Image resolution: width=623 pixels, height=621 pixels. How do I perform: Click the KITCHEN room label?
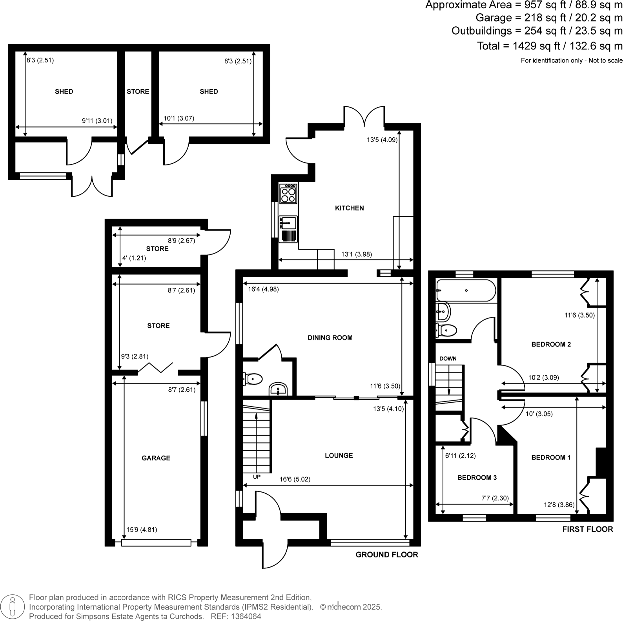[349, 208]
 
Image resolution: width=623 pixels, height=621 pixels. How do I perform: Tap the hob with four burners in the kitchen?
[288, 194]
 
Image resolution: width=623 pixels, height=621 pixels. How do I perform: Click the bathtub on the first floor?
[466, 290]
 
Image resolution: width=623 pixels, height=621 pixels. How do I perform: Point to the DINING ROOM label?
[330, 338]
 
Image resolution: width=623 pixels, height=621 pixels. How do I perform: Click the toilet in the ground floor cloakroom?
[253, 379]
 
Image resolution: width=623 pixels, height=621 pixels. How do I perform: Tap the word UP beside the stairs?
[257, 477]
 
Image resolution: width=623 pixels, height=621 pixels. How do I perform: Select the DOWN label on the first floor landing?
[448, 358]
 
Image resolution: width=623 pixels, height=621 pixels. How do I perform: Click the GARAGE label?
[156, 458]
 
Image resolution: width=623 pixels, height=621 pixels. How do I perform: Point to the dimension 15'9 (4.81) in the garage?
[142, 530]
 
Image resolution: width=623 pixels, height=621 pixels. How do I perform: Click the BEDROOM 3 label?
[477, 478]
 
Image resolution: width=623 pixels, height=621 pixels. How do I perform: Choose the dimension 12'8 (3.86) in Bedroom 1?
[559, 505]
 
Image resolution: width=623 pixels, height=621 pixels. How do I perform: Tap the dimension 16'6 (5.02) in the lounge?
[295, 479]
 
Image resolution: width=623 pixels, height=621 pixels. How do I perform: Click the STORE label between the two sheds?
[138, 91]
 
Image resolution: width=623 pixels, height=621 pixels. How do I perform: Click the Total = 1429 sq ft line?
[549, 46]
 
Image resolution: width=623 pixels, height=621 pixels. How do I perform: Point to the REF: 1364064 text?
[236, 616]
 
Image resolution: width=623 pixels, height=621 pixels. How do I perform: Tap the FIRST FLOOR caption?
[587, 529]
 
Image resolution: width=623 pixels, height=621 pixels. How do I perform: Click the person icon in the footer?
[13, 606]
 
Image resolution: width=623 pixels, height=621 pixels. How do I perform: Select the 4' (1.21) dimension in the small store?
[134, 258]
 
